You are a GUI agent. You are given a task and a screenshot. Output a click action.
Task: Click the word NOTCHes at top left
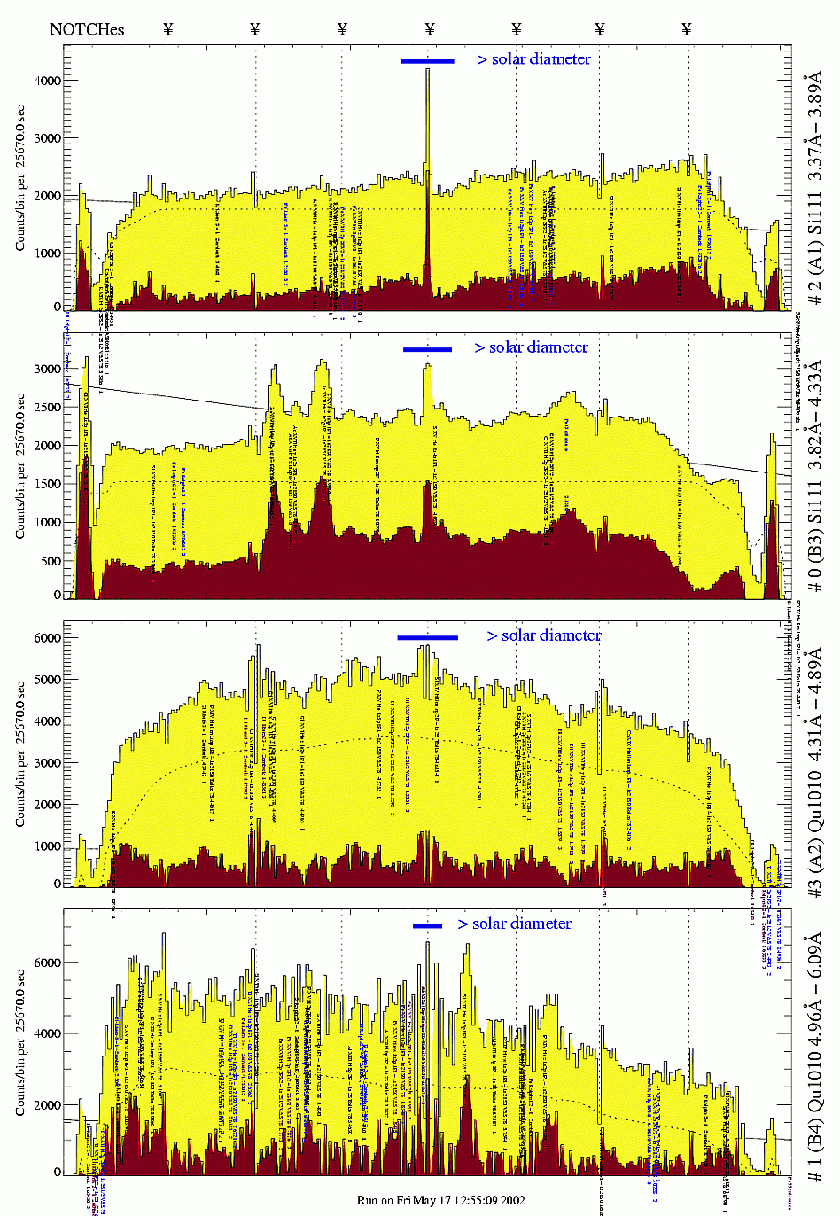[87, 29]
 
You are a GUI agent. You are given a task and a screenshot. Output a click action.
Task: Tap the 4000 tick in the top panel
[47, 81]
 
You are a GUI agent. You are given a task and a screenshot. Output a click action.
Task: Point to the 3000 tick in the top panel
[47, 138]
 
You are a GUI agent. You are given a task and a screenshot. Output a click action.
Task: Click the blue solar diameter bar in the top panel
[427, 61]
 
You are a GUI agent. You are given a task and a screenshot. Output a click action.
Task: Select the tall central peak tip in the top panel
[427, 70]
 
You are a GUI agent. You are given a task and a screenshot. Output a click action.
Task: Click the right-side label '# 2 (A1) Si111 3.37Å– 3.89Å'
[814, 191]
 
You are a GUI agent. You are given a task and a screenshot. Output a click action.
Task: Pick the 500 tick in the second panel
[51, 561]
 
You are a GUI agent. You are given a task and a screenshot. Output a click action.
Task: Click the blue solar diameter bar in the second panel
[427, 349]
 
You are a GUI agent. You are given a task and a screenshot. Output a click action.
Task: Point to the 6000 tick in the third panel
[47, 638]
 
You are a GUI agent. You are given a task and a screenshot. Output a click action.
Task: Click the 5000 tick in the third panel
[47, 680]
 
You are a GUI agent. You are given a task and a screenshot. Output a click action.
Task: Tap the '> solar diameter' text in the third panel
[544, 635]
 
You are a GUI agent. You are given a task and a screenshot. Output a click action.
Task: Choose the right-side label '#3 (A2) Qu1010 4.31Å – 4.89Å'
[814, 767]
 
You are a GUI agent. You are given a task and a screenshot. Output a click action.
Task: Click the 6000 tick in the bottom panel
[47, 963]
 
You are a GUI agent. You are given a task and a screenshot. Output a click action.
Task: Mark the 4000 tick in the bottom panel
[47, 1033]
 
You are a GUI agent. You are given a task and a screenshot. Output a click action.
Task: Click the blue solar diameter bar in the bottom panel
[427, 926]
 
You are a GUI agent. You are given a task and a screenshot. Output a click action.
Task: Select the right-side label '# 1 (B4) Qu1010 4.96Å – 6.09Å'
[814, 1055]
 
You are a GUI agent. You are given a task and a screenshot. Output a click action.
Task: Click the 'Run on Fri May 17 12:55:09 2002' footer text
[441, 1200]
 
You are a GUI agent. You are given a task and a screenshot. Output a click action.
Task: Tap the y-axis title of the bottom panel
[19, 1042]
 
